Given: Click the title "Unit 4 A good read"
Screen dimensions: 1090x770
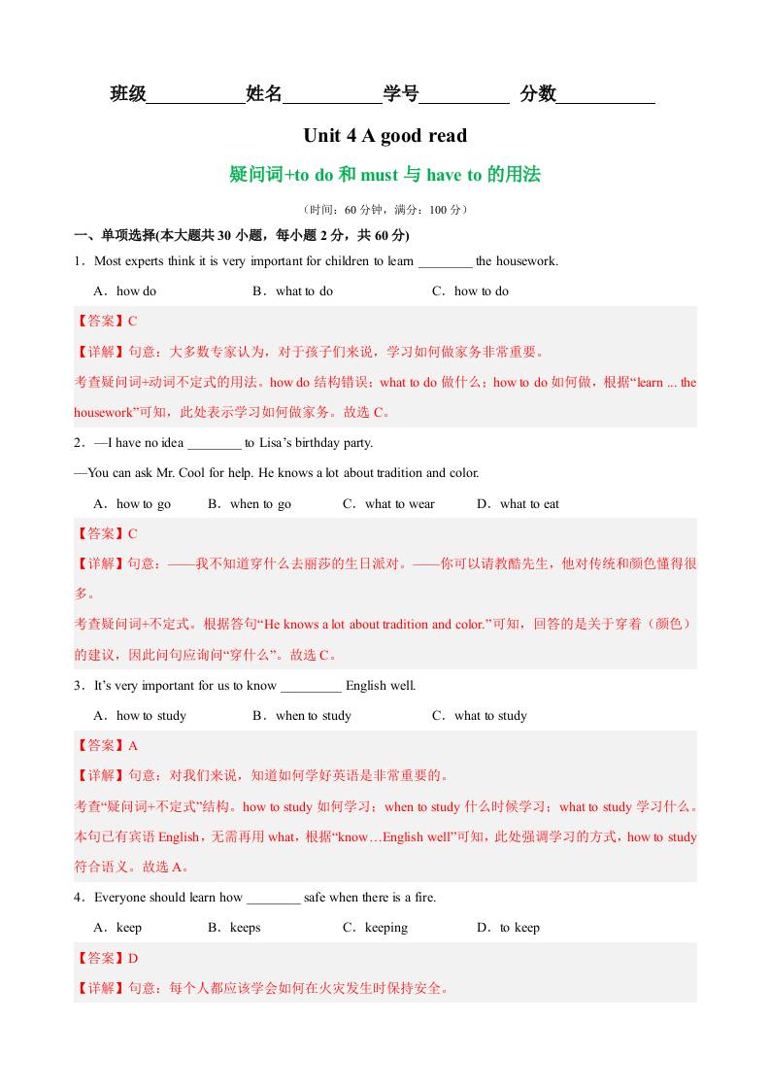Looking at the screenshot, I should pyautogui.click(x=385, y=136).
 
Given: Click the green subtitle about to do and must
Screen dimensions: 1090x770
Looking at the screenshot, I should pyautogui.click(x=385, y=175).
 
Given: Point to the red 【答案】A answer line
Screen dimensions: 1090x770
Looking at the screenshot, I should pyautogui.click(x=107, y=746).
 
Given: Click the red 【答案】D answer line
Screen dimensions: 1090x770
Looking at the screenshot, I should pyautogui.click(x=107, y=959).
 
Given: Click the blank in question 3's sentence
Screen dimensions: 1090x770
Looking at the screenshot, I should pyautogui.click(x=311, y=687).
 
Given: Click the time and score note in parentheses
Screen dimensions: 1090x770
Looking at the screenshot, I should pyautogui.click(x=385, y=209).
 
